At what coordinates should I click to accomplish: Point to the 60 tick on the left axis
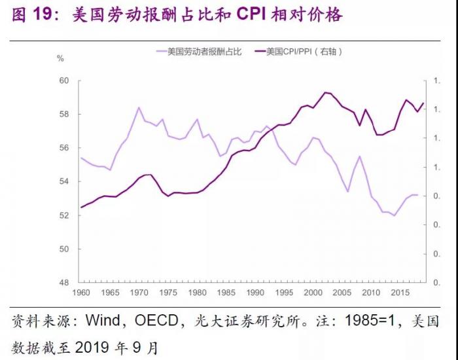[x=64, y=81]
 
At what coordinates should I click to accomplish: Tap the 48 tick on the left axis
[x=64, y=283]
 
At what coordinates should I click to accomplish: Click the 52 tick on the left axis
[x=64, y=215]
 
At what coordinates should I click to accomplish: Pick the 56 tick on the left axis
[x=64, y=148]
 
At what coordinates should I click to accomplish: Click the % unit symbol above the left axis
[x=61, y=59]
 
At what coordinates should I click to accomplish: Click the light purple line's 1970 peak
[x=139, y=107]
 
